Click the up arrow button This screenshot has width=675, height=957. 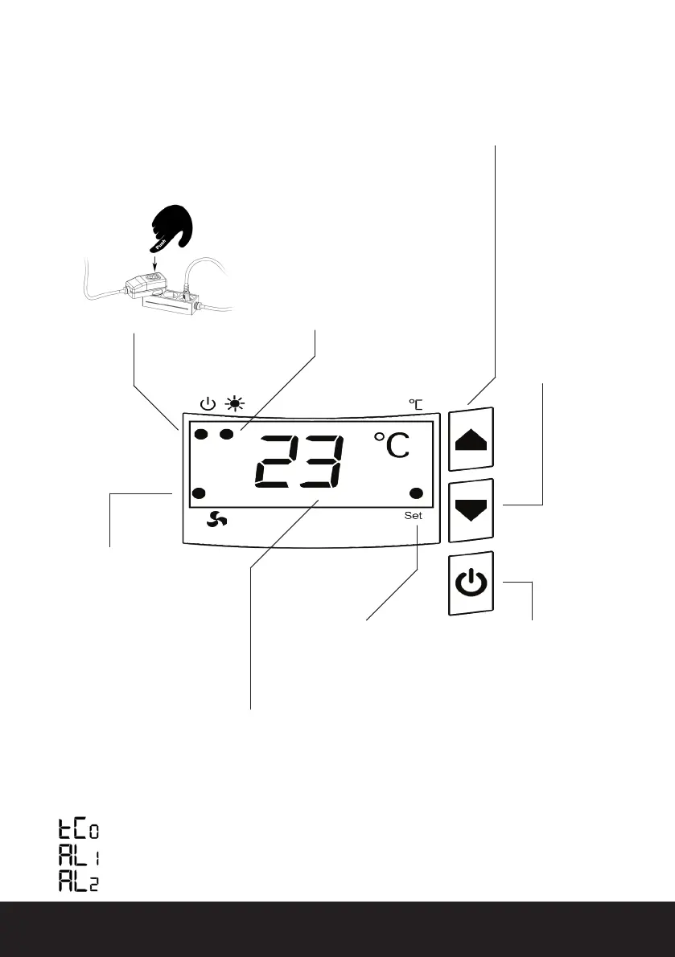click(471, 440)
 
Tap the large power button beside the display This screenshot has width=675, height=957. click(471, 584)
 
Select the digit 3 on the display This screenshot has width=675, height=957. click(323, 463)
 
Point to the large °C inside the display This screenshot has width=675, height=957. click(391, 447)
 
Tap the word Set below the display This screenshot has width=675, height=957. click(413, 516)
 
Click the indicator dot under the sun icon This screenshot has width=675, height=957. click(228, 435)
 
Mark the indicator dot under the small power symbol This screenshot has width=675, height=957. click(202, 435)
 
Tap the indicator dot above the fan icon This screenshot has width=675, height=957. click(200, 493)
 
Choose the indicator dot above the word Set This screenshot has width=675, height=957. click(417, 493)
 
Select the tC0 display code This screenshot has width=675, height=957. click(79, 830)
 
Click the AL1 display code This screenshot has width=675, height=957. click(79, 857)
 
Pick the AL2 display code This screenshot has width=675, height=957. click(79, 882)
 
